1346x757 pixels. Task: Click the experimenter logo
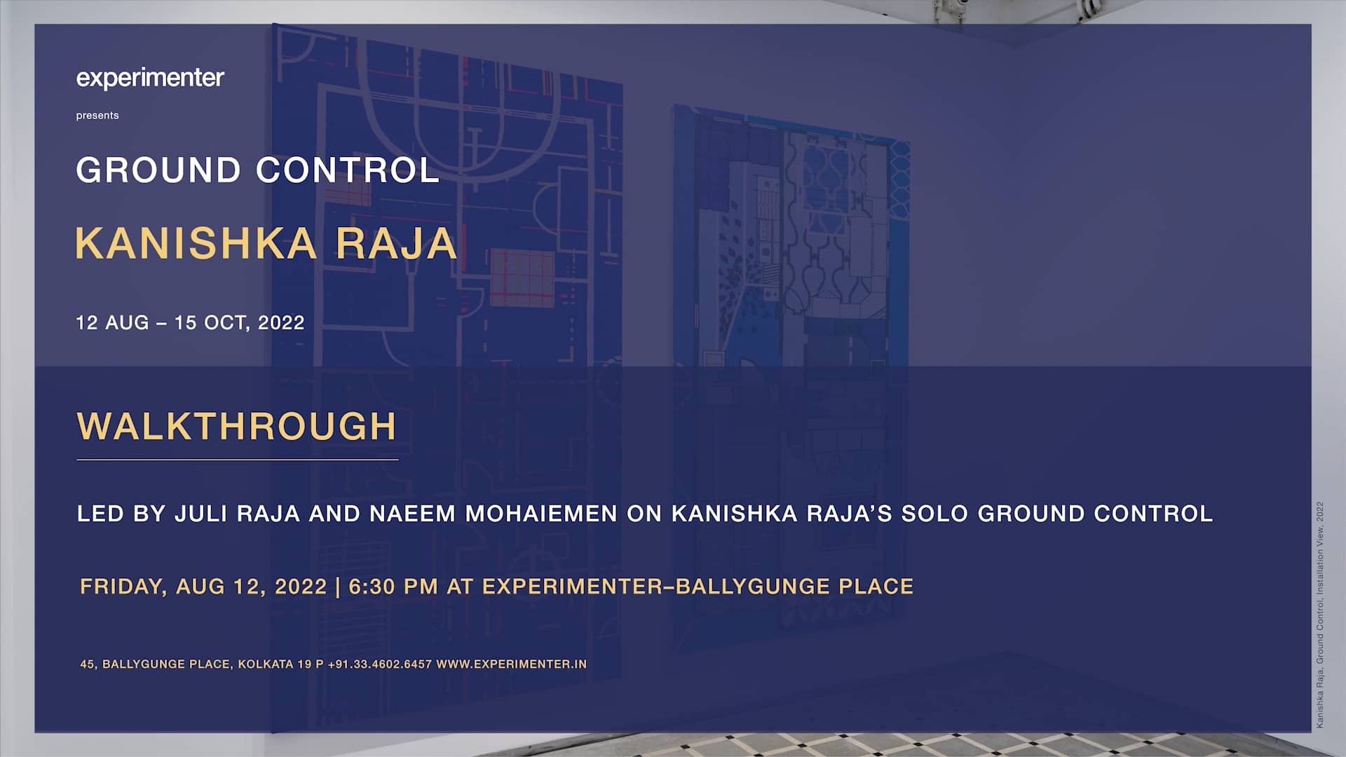pos(150,78)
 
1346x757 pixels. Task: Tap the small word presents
pos(97,116)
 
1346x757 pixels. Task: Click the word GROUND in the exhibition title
pos(158,170)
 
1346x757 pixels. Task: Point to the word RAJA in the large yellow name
pos(396,244)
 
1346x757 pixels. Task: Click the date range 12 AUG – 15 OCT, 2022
pos(190,322)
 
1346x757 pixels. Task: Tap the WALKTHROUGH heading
pos(237,426)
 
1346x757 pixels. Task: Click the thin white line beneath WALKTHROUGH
pos(237,460)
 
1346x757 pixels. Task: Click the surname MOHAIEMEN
pos(541,514)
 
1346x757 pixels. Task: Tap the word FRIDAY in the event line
pos(123,587)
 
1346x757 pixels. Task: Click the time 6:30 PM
pos(393,587)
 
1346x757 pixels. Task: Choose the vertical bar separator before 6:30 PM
pos(338,587)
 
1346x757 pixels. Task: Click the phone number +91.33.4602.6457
pos(379,664)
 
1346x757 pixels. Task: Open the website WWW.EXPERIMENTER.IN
pos(511,664)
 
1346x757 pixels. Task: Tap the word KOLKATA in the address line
pos(265,664)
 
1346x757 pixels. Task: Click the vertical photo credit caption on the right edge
pos(1320,615)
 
